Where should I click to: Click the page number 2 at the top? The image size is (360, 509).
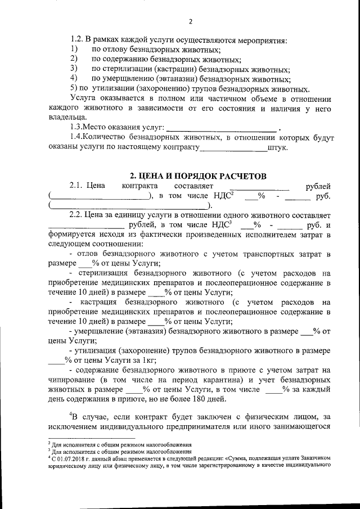(190, 22)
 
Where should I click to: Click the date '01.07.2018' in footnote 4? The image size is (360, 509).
(66, 458)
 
